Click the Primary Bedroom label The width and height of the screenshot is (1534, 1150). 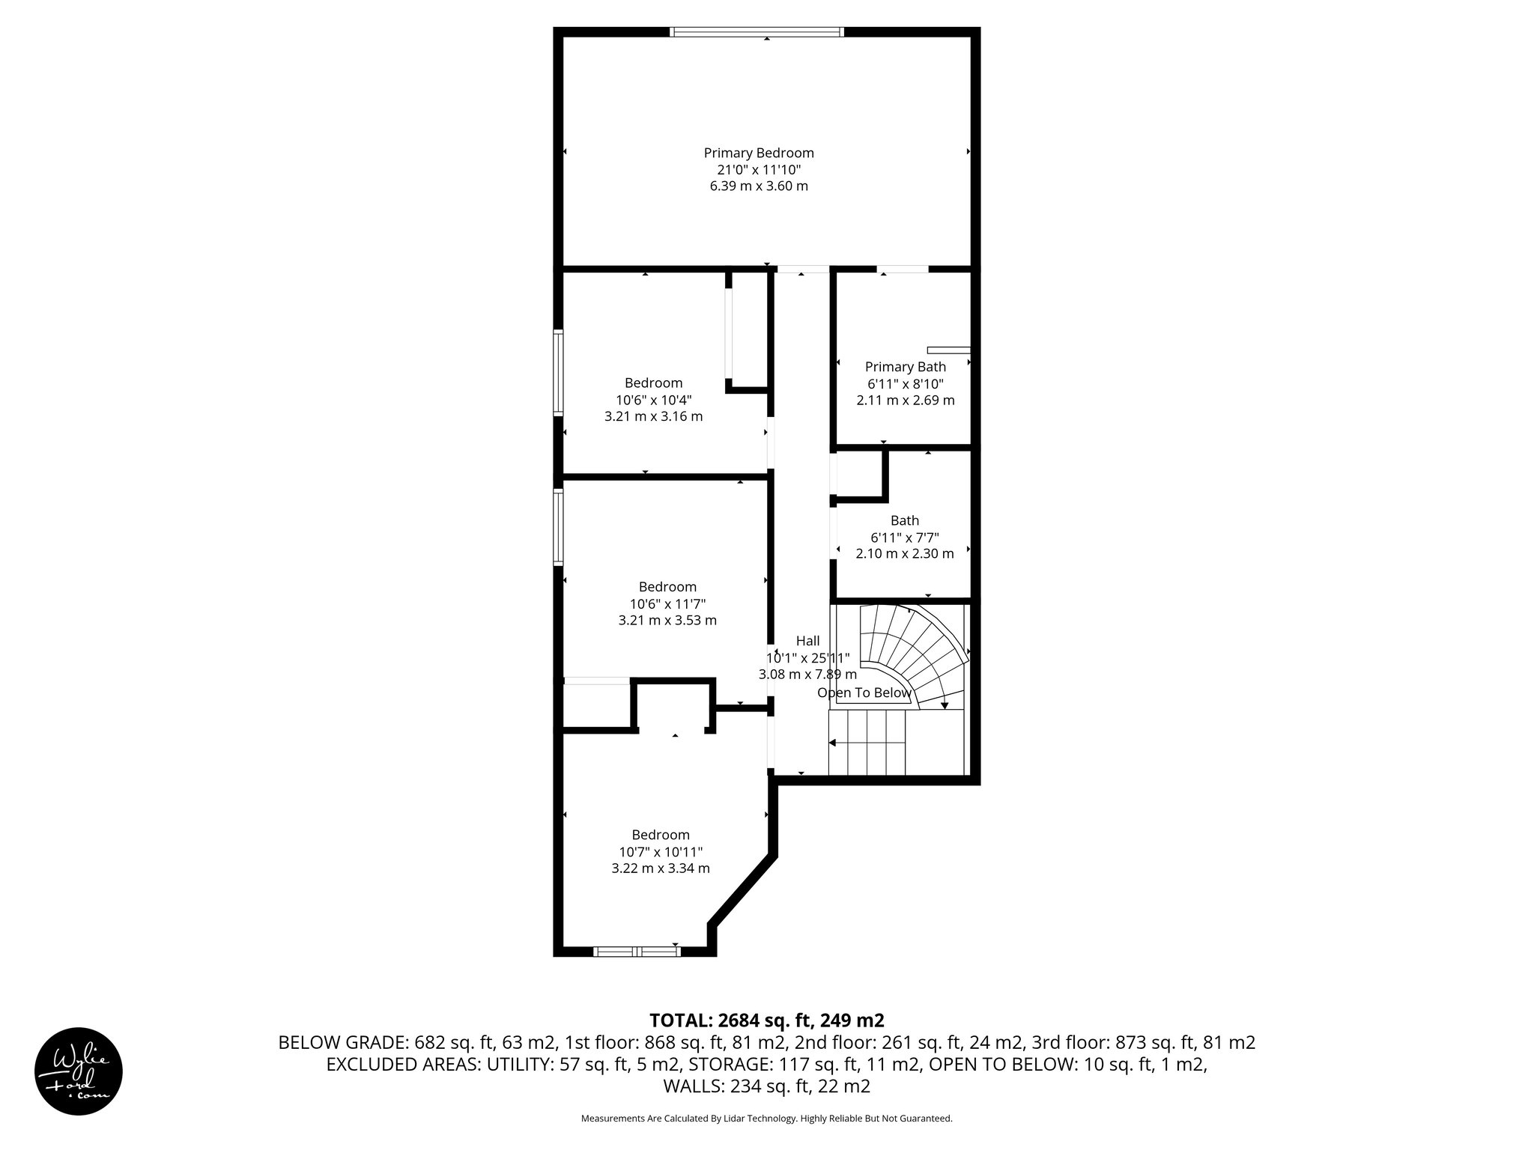click(758, 153)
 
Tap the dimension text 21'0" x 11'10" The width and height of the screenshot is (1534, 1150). click(758, 169)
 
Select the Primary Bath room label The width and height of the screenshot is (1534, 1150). click(905, 367)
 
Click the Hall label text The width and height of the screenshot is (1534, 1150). click(807, 641)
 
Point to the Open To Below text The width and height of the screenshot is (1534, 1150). click(864, 693)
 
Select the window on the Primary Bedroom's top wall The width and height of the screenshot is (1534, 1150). click(757, 32)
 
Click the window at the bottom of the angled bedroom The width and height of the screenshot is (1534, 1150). click(637, 952)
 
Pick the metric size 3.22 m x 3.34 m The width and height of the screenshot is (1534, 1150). click(660, 868)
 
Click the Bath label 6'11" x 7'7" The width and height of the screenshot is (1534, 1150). click(904, 538)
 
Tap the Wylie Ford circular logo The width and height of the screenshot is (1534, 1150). click(79, 1071)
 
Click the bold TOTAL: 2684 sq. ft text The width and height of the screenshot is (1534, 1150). click(766, 1020)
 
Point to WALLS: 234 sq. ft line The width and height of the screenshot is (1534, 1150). click(766, 1086)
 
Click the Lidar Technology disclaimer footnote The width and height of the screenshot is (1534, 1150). click(766, 1119)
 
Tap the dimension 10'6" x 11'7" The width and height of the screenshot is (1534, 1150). click(667, 603)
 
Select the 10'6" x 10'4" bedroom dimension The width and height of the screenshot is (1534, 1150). click(653, 400)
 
